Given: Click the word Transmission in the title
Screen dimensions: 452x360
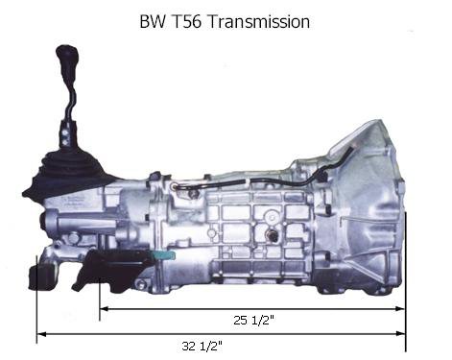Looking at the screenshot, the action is [x=258, y=22].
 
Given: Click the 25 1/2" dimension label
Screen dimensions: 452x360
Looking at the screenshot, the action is [x=253, y=320].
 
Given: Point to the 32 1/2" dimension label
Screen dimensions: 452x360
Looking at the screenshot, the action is [x=202, y=346].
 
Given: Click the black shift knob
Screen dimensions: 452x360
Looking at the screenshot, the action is [x=67, y=55].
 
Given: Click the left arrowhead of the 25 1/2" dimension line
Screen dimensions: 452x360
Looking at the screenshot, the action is [x=105, y=309].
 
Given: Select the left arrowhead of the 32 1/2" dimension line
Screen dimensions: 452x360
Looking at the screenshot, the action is [x=42, y=334].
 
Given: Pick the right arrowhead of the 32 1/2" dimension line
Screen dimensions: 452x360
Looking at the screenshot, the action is [x=400, y=333].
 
